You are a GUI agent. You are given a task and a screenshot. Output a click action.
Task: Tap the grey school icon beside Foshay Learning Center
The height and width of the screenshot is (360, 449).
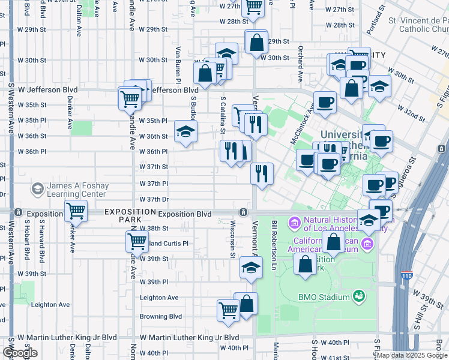[37, 190]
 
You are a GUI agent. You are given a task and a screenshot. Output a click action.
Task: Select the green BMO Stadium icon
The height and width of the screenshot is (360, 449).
[359, 296]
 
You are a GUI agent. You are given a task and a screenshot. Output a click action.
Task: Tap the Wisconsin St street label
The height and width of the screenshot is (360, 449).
[232, 239]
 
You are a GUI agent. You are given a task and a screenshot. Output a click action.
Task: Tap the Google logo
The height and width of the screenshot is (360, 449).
[20, 353]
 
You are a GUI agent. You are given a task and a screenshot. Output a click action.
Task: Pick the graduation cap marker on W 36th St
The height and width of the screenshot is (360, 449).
[185, 131]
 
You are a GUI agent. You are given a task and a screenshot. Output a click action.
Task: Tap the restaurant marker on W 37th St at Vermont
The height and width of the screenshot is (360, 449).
[262, 174]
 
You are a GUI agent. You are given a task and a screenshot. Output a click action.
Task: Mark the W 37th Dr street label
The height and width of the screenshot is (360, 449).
[154, 199]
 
